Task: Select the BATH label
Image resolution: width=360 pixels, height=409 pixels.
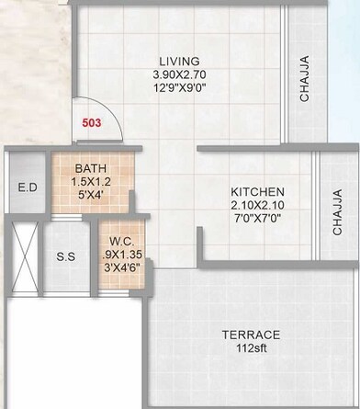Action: tap(90, 168)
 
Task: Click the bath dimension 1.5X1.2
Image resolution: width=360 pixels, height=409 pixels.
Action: tap(90, 182)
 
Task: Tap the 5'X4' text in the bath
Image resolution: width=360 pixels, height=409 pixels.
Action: tap(90, 196)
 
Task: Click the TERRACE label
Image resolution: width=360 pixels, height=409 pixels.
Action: tap(251, 335)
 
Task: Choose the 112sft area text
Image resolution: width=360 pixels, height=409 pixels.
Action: tap(251, 349)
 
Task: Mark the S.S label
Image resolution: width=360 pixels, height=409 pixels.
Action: tap(66, 256)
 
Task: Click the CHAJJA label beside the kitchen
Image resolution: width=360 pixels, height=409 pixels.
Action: tap(337, 212)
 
